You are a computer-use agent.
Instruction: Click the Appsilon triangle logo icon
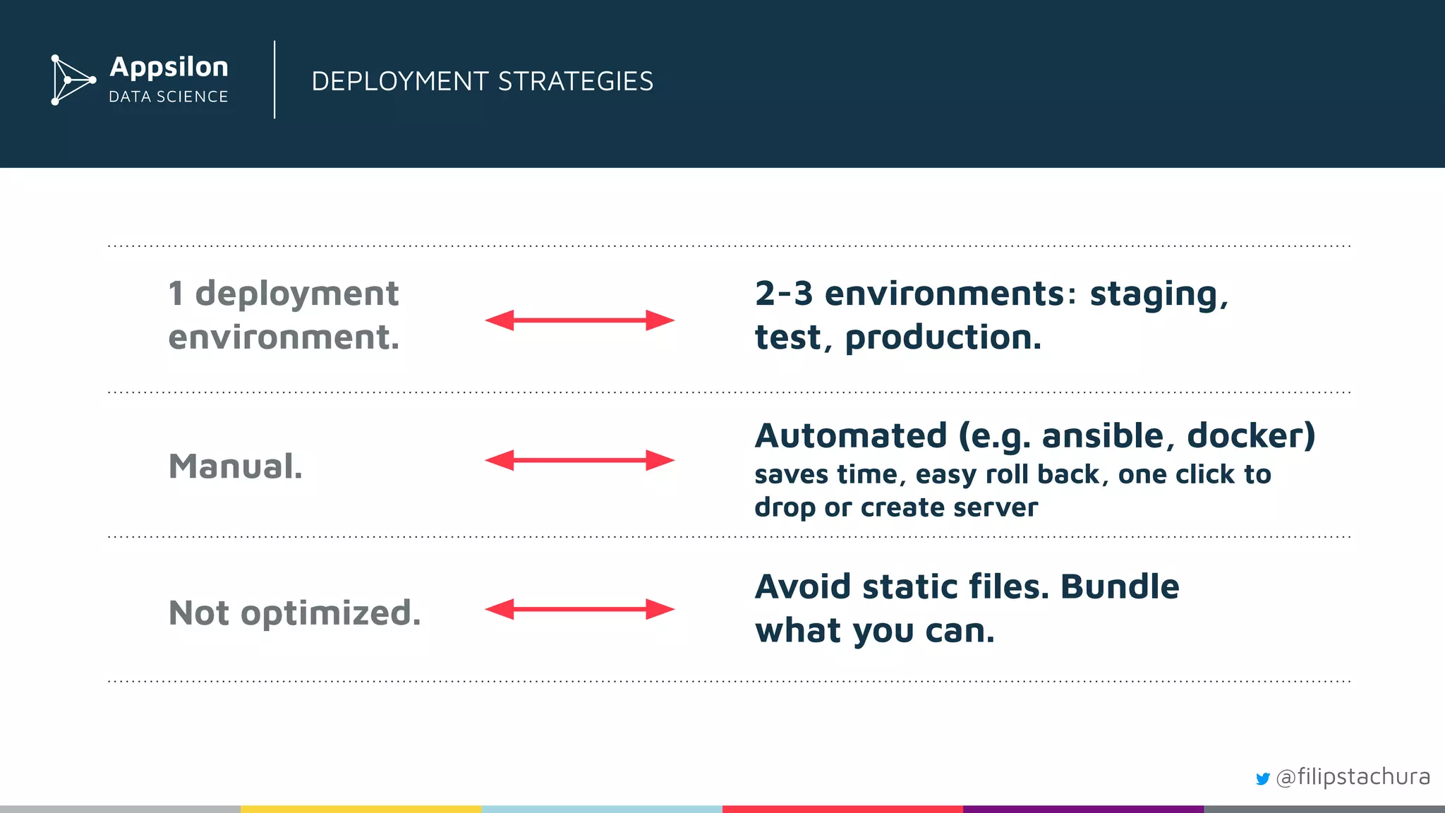pos(72,80)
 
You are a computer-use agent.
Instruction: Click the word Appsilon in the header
pos(169,67)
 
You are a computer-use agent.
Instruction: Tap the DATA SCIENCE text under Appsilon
pos(169,97)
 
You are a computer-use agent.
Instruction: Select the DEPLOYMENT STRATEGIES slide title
pos(482,81)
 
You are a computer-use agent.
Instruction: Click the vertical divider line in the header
pos(274,80)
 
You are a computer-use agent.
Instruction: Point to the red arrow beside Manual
pos(579,460)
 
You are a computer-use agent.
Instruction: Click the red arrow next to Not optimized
pos(579,609)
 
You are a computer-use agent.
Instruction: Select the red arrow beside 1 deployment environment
pos(579,320)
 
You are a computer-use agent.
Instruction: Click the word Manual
pos(235,466)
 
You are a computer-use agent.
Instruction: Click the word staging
pos(1157,294)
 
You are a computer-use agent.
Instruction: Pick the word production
pos(943,337)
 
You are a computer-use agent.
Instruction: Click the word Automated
pos(851,435)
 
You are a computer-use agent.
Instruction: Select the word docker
pos(1250,435)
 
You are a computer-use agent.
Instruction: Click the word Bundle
pos(1119,586)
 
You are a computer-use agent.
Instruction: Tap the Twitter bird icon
pos(1262,778)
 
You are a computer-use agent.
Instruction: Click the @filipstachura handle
pos(1353,776)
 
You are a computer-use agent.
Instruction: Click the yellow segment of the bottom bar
pos(361,809)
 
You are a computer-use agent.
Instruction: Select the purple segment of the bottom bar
pos(1083,809)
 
